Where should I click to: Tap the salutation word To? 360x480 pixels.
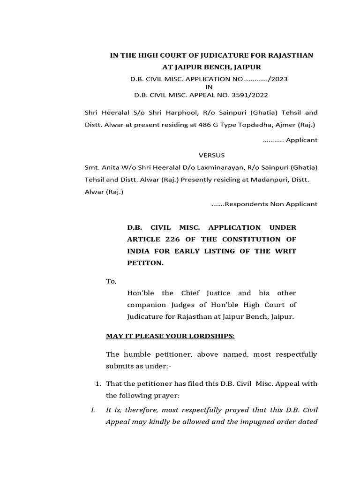(111, 281)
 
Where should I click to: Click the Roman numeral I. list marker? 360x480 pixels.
(93, 410)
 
